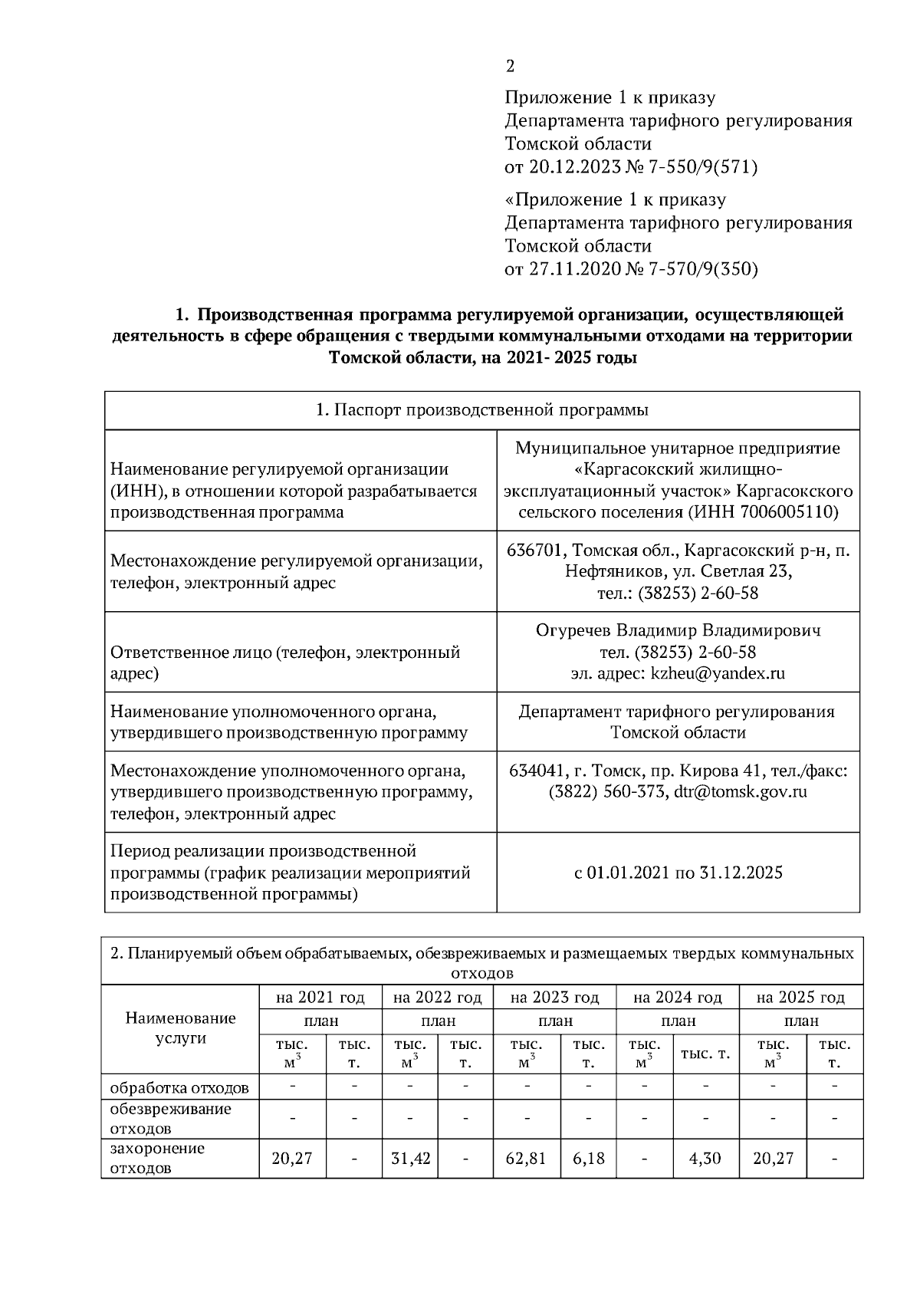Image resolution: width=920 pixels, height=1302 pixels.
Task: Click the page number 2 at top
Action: (510, 67)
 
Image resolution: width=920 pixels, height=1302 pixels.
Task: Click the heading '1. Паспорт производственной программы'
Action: (482, 410)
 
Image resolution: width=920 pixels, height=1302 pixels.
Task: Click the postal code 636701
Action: (537, 551)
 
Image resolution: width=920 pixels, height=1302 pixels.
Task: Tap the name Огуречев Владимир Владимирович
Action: (678, 631)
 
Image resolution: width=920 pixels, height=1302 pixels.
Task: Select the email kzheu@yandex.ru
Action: (718, 674)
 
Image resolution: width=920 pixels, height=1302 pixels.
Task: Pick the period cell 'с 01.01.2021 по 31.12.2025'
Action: (678, 873)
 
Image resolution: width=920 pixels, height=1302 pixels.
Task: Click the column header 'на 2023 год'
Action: (554, 998)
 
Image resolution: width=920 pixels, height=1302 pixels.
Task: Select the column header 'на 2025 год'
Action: (800, 998)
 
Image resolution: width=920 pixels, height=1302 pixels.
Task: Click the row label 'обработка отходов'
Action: (179, 1088)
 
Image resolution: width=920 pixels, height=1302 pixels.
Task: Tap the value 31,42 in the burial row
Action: (411, 1159)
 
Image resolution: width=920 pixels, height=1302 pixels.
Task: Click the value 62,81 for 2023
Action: (526, 1159)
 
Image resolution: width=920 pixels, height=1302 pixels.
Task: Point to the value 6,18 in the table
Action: (588, 1159)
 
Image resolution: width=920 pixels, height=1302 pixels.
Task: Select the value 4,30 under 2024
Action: (705, 1159)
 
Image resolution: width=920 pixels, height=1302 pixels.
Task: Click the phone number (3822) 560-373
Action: (606, 792)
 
